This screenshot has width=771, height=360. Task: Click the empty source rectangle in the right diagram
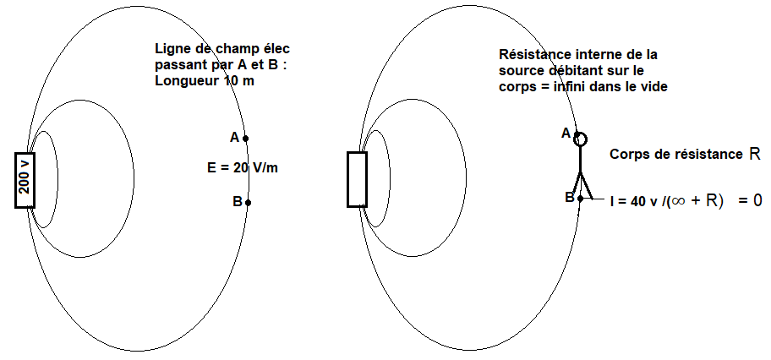pos(357,179)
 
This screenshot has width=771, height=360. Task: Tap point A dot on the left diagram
pos(245,138)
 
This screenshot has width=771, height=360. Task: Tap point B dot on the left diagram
pos(247,202)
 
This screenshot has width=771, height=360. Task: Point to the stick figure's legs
pos(581,184)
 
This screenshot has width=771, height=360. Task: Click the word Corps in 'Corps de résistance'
pos(628,155)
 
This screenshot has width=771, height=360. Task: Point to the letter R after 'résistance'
pos(755,155)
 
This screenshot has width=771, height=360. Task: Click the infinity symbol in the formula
pos(686,201)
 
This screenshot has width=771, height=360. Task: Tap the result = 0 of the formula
pos(750,201)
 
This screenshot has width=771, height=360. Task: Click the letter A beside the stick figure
pos(566,133)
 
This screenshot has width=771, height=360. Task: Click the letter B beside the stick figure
pos(569,197)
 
